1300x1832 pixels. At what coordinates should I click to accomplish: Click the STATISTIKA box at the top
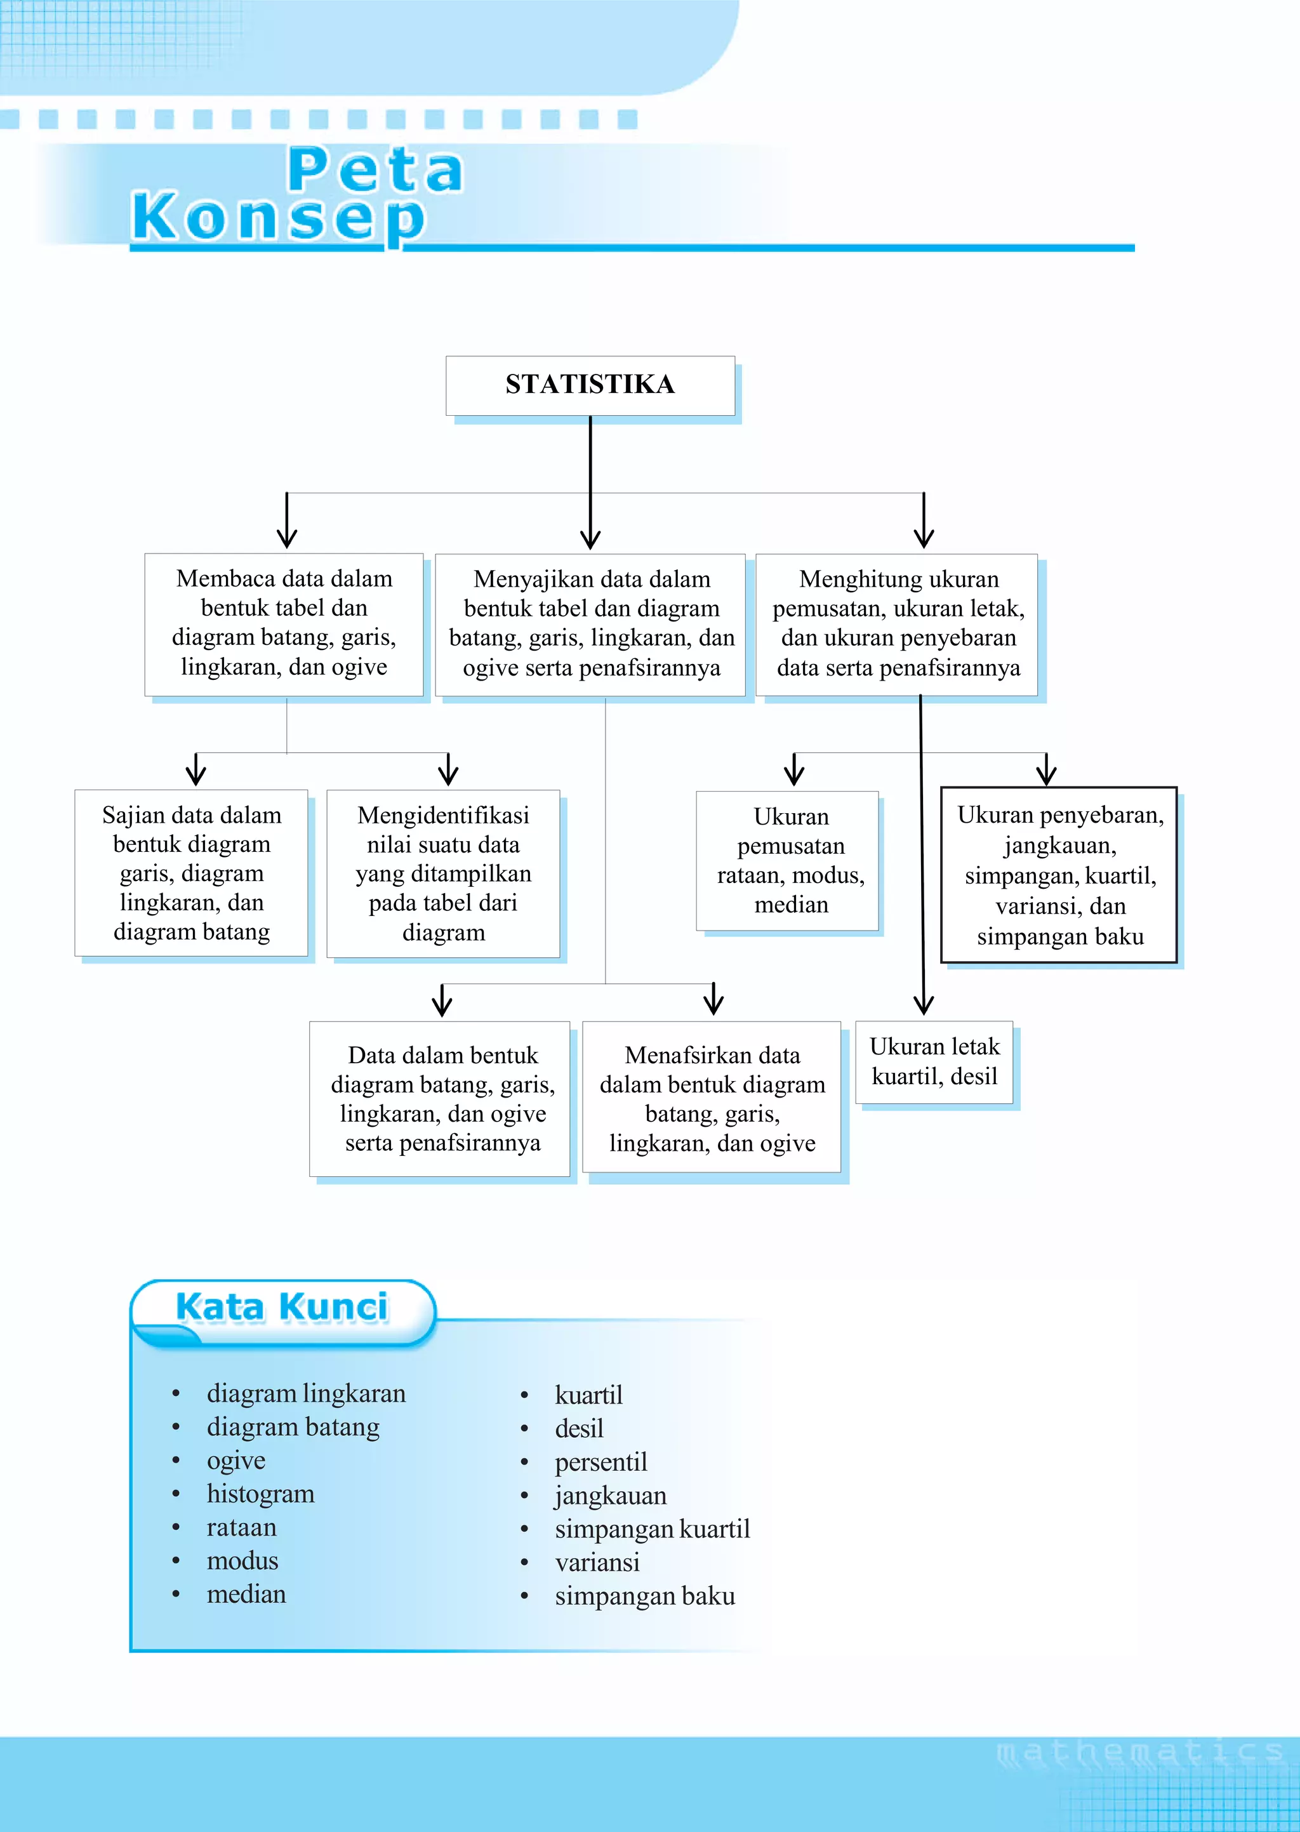point(590,385)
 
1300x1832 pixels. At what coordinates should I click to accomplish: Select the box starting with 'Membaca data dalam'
point(284,623)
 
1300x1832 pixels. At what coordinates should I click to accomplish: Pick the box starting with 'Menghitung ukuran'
point(898,624)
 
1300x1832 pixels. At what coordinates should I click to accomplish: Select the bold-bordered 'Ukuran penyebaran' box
point(1059,875)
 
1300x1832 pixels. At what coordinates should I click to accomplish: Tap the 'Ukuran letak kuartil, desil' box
point(934,1062)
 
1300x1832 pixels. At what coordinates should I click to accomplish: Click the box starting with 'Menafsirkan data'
point(712,1098)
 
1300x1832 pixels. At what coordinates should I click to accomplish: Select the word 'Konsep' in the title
point(278,218)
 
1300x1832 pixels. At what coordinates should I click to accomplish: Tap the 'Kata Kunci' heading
point(281,1308)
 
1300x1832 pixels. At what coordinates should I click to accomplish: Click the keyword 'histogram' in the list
point(260,1494)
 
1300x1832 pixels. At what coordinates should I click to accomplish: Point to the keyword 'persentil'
point(600,1463)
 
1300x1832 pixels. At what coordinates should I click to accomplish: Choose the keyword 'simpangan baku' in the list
point(644,1596)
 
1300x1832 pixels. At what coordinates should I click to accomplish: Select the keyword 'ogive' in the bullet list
point(235,1461)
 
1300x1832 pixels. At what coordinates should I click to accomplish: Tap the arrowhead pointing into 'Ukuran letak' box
point(924,1007)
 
